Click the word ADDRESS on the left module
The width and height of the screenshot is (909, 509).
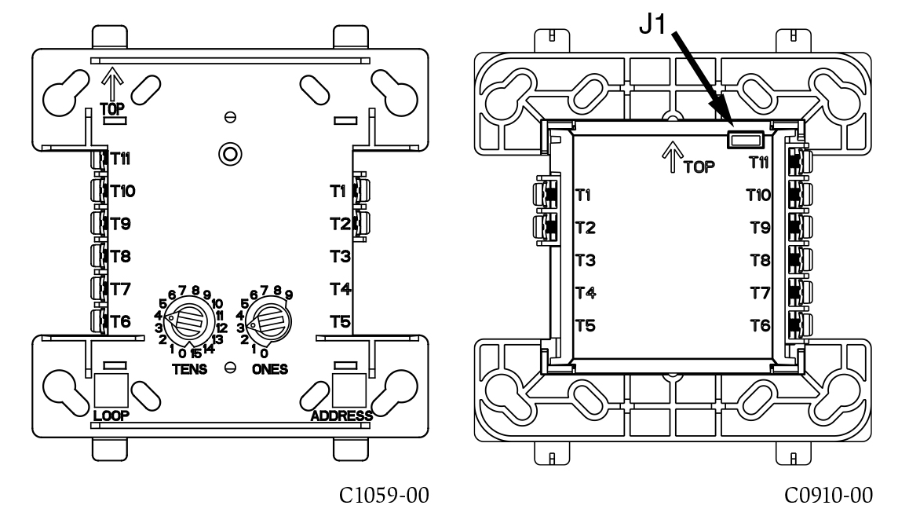pyautogui.click(x=341, y=415)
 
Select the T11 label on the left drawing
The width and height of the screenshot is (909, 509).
pyautogui.click(x=120, y=157)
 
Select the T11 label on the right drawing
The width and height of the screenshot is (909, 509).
pyautogui.click(x=760, y=163)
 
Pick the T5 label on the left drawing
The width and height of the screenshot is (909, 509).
pyautogui.click(x=339, y=321)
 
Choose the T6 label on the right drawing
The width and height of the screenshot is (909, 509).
pyautogui.click(x=760, y=324)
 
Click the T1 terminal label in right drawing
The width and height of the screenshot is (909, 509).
pyautogui.click(x=585, y=195)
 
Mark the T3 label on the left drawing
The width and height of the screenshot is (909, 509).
pyautogui.click(x=339, y=256)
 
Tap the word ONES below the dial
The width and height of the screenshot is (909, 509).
pyautogui.click(x=270, y=368)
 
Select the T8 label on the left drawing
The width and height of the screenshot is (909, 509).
pyautogui.click(x=120, y=256)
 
